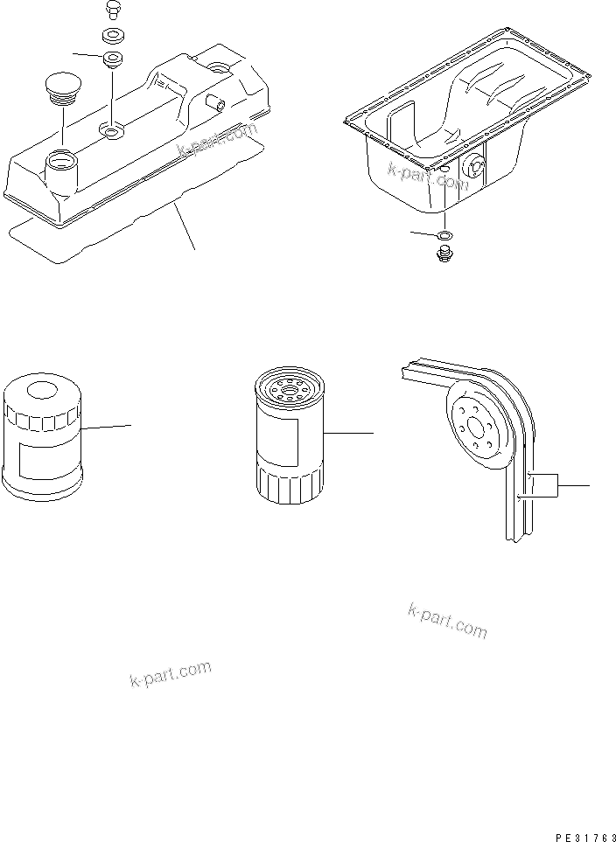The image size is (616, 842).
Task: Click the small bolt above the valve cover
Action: point(110,9)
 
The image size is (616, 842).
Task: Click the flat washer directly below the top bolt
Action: point(111,37)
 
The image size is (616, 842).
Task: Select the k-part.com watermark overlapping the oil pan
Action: point(428,175)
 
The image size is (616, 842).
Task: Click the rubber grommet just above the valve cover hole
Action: point(113,61)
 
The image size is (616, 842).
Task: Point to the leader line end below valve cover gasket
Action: point(195,250)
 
